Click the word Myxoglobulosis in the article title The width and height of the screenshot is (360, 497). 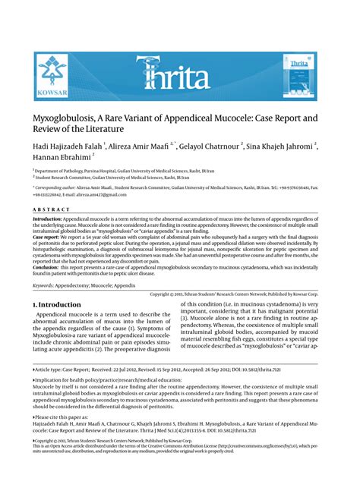pyautogui.click(x=69, y=121)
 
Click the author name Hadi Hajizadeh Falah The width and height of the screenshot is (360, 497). pyautogui.click(x=67, y=146)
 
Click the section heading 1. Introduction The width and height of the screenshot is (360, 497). pyautogui.click(x=57, y=304)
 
